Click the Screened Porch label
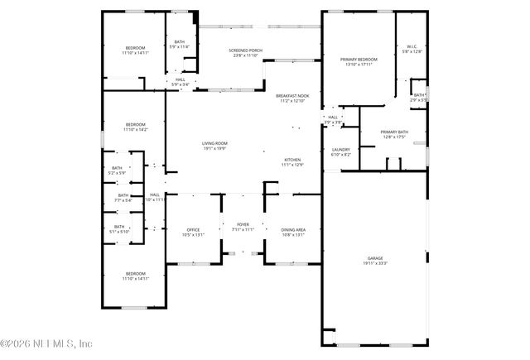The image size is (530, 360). [245, 51]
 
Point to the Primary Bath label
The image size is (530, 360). [394, 132]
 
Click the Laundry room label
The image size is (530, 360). [340, 150]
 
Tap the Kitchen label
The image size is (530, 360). [292, 160]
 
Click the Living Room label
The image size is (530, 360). [214, 143]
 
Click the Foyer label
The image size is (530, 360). [243, 223]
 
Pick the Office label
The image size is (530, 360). [192, 229]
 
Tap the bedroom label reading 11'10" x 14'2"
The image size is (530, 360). [135, 125]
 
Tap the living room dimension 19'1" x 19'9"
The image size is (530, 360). [214, 148]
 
